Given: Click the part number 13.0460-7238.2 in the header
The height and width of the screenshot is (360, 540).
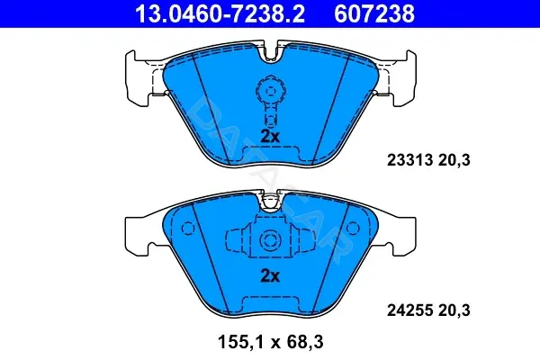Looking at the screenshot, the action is [x=220, y=14].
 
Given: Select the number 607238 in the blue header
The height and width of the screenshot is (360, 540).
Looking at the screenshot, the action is [x=374, y=14].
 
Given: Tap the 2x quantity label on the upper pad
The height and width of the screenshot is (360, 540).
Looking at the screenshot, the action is [x=270, y=137].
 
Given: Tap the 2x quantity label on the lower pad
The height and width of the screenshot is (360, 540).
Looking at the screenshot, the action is [x=270, y=275].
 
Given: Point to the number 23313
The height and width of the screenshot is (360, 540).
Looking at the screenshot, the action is [x=409, y=160].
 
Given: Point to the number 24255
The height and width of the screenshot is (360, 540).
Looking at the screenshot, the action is [x=409, y=310].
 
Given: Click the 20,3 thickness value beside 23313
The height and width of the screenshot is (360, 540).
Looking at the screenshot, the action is [x=454, y=160].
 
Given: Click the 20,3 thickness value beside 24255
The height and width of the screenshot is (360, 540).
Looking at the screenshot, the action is [x=454, y=310].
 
